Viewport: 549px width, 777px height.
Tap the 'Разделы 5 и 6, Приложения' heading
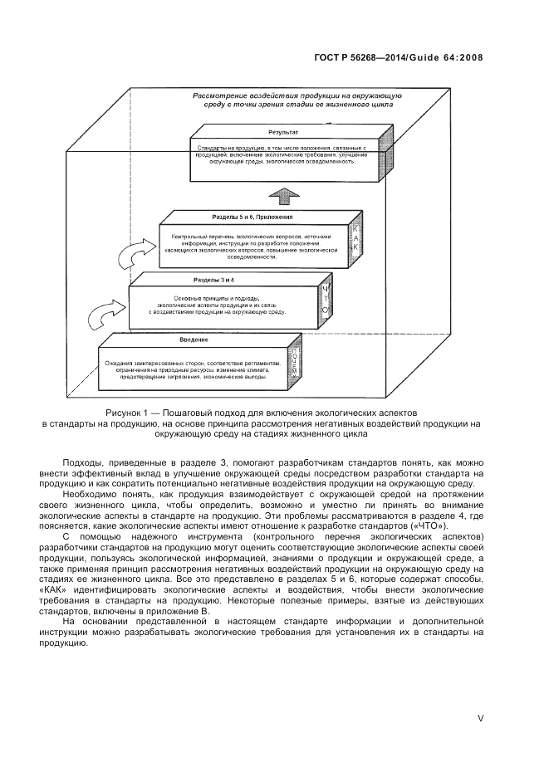241,217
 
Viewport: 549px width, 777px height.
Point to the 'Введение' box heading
192,340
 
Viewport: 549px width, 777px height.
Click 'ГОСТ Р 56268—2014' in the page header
370,58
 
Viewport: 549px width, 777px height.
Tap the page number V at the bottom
480,719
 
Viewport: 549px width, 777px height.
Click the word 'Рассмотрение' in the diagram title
223,96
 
